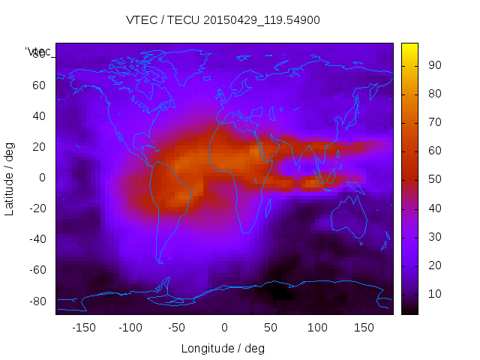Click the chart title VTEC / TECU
(x=223, y=20)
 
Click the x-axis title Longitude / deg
(x=223, y=348)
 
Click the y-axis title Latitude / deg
(x=10, y=178)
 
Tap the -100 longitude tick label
(x=130, y=327)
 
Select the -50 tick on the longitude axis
(x=177, y=327)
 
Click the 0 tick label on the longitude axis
(x=223, y=327)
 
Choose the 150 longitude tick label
(x=364, y=327)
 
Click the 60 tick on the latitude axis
(x=39, y=85)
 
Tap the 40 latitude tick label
(x=39, y=116)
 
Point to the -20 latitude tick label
(x=37, y=208)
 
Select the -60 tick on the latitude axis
(x=37, y=270)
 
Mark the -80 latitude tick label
(x=37, y=301)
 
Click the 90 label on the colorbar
(x=433, y=66)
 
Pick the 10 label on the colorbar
(x=433, y=295)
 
